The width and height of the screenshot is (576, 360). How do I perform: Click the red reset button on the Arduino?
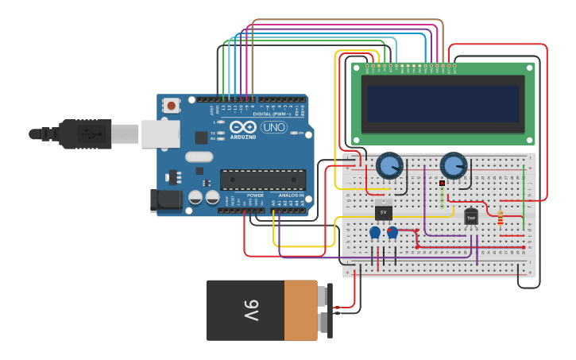click(172, 105)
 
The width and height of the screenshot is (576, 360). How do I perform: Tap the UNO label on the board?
click(273, 127)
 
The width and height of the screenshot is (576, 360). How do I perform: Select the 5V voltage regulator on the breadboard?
click(384, 212)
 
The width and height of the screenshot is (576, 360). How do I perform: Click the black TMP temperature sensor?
click(471, 216)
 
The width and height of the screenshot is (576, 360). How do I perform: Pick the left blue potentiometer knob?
click(389, 166)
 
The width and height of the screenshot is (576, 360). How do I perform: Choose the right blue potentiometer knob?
click(453, 165)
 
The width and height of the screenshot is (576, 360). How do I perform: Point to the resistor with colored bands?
click(500, 216)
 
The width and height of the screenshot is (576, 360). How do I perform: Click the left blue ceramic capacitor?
click(375, 233)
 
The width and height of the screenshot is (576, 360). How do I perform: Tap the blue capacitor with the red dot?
click(392, 233)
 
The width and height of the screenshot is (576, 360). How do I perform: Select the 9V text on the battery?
click(251, 311)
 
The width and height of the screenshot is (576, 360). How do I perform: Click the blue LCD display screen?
click(443, 103)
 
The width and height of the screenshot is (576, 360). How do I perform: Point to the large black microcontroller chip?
click(262, 180)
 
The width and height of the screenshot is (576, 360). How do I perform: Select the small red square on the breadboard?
click(442, 184)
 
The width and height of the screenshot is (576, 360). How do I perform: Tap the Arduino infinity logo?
click(243, 127)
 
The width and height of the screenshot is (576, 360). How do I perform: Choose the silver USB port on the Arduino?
click(162, 134)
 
